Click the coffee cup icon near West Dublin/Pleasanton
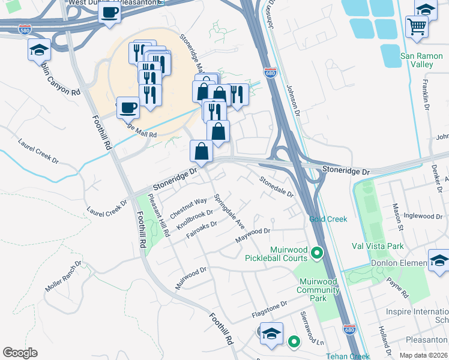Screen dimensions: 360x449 (109, 13)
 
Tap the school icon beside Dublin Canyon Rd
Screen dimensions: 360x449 (39, 50)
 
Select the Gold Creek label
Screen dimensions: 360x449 (328, 219)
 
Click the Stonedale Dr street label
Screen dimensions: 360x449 (276, 187)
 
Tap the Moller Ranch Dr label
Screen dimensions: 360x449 (62, 277)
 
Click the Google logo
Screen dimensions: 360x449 (20, 353)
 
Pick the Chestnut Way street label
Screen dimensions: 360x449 (188, 206)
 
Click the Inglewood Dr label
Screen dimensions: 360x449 (423, 215)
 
